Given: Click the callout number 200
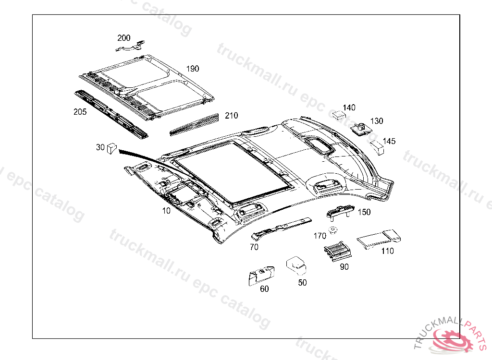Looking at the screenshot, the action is click(x=123, y=37).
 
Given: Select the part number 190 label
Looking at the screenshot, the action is click(x=192, y=69).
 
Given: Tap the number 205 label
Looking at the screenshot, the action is click(x=80, y=112).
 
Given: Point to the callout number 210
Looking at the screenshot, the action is click(x=231, y=116).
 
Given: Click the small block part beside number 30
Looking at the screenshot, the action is click(x=112, y=147).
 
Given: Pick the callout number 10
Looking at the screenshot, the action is click(x=166, y=211).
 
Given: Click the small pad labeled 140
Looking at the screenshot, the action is click(x=340, y=114).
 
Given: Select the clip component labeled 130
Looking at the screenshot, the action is click(x=359, y=129).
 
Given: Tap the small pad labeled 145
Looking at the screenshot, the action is click(x=377, y=147).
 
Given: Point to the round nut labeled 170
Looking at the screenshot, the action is click(x=332, y=231).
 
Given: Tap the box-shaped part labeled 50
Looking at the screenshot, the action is click(x=296, y=264).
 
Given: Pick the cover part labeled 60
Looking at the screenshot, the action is click(x=260, y=276).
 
